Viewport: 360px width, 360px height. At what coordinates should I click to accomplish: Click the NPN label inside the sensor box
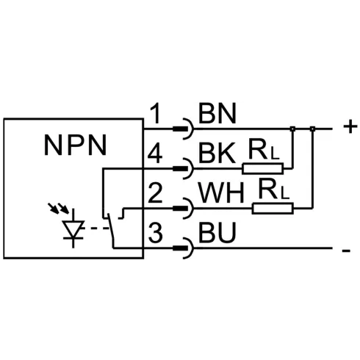pos(76,145)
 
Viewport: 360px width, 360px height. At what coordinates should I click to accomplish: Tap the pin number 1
pos(156,113)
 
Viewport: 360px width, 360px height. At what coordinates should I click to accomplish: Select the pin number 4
pos(155,154)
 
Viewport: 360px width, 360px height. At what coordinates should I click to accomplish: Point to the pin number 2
pos(155,193)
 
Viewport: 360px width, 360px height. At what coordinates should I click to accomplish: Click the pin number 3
pos(155,233)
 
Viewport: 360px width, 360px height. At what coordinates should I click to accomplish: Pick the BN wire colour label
pos(217,113)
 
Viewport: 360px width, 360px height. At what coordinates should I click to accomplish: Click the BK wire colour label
pos(217,154)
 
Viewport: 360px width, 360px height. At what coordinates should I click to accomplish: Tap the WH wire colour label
pos(222,193)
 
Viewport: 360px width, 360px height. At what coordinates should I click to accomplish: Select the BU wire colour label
pos(217,233)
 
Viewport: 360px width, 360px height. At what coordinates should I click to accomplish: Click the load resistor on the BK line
pos(263,168)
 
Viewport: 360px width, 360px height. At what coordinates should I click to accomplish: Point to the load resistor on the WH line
pos(273,209)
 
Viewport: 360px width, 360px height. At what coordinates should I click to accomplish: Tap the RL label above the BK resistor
pos(264,149)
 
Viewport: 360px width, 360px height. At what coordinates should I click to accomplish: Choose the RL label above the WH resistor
pos(274,189)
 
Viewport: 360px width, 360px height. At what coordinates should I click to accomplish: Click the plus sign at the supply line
pos(350,127)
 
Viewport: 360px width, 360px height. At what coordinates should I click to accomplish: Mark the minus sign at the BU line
pos(346,251)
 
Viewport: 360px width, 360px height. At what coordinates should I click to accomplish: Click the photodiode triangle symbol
pos(73,228)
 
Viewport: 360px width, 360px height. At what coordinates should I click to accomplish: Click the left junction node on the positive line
pos(292,129)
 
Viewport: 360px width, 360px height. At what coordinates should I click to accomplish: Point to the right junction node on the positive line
pos(312,129)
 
